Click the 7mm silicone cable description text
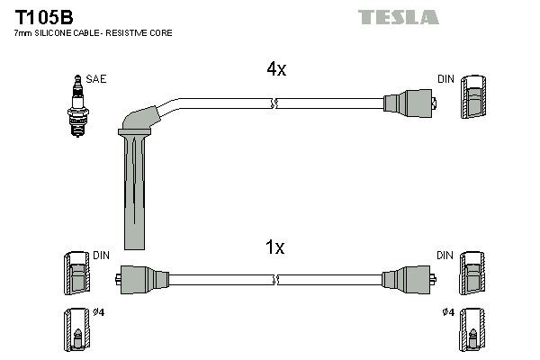[94, 32]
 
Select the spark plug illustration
[76, 105]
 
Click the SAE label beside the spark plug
[97, 79]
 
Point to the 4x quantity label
[275, 69]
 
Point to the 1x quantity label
[275, 247]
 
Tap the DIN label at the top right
[445, 79]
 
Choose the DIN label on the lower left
[101, 256]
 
